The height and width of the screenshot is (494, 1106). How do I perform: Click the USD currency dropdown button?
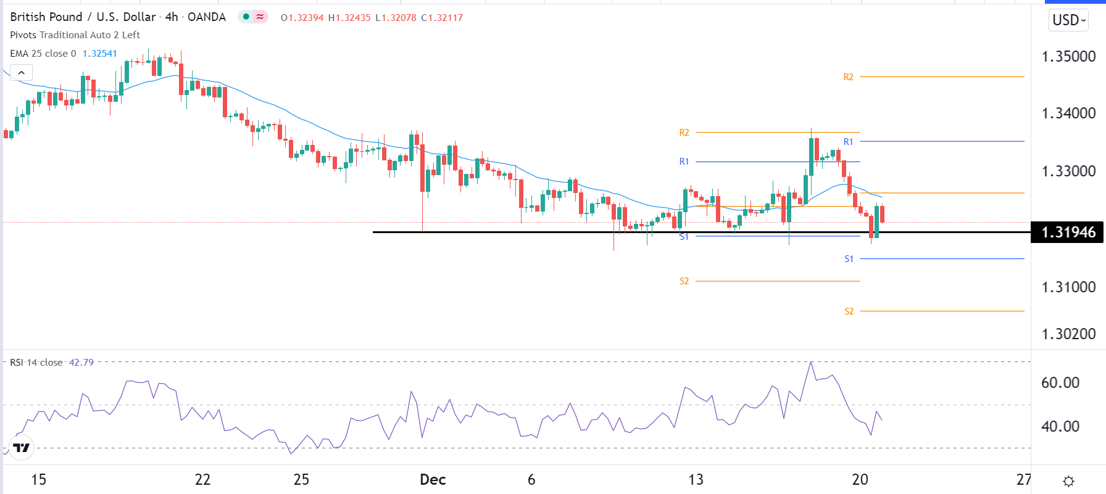[1069, 20]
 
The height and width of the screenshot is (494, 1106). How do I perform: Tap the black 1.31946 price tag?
[1068, 233]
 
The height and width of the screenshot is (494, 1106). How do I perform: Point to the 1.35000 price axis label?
[1068, 57]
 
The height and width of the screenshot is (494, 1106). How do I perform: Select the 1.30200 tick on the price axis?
[1068, 334]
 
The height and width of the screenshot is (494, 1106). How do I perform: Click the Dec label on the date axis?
[433, 480]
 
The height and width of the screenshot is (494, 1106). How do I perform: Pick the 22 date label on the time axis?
[202, 480]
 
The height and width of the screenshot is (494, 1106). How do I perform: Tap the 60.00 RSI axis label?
[1060, 383]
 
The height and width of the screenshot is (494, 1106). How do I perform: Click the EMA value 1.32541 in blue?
[100, 54]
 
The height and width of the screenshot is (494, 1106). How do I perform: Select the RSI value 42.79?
[81, 363]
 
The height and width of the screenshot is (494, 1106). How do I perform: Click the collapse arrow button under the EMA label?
[21, 73]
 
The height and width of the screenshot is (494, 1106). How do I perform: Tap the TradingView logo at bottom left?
[22, 448]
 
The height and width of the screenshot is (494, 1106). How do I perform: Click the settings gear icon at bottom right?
[1069, 481]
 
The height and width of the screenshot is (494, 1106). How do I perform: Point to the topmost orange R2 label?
[849, 77]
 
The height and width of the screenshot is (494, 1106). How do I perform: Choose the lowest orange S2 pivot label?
[849, 311]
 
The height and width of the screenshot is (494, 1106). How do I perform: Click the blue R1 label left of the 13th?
[684, 162]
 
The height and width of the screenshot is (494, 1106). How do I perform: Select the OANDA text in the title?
[207, 17]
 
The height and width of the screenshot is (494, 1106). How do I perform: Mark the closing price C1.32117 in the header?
[442, 18]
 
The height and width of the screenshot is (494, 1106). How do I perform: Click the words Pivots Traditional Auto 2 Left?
[75, 35]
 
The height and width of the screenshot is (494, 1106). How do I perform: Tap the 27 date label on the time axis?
[1024, 480]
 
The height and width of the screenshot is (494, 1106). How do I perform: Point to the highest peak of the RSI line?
[811, 362]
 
